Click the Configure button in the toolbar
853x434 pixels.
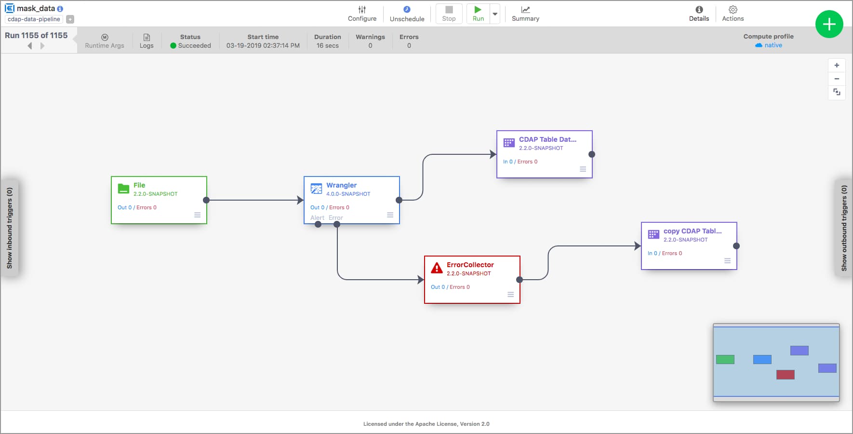[362, 14]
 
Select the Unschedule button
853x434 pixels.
[407, 14]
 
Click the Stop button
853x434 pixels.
[449, 14]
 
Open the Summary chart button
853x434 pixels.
[525, 14]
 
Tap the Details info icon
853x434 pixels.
[699, 10]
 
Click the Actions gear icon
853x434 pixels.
[733, 10]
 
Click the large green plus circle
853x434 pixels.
[829, 24]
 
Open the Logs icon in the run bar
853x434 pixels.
[147, 38]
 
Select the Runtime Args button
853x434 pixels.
[105, 41]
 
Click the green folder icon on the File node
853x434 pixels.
[123, 189]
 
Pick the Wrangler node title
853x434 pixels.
[341, 185]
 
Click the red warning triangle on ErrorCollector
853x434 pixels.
[437, 268]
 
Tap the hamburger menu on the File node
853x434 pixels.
[197, 215]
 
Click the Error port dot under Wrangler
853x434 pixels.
[337, 224]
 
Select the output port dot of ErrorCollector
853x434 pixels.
[520, 280]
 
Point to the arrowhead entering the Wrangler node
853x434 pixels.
[300, 200]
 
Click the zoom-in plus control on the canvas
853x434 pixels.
[837, 65]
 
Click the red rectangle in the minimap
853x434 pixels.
[785, 375]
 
